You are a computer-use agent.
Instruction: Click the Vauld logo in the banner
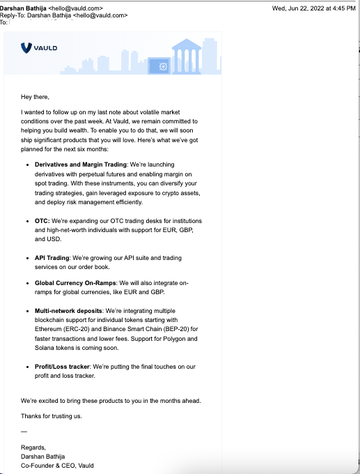coord(39,47)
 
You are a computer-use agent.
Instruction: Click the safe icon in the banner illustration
coord(164,66)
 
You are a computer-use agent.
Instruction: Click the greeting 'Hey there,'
coord(36,96)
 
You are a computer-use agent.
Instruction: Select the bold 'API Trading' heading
coord(52,258)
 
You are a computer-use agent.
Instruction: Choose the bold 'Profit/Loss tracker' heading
coord(64,366)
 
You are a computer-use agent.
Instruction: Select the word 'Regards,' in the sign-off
coord(33,447)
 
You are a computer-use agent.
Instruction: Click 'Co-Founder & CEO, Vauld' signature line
coord(57,465)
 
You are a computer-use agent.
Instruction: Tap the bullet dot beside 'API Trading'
coord(26,258)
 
